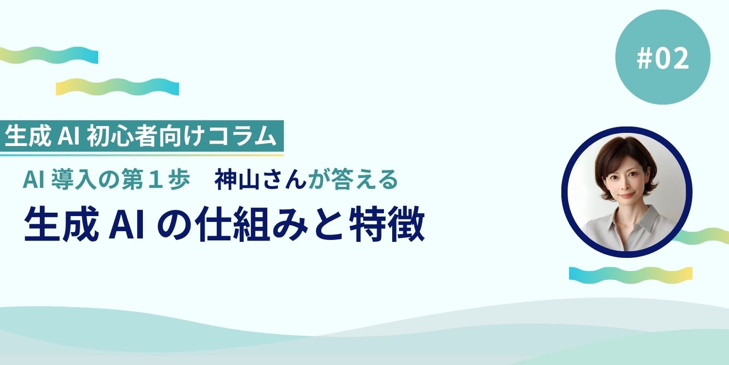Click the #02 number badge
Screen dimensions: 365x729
pyautogui.click(x=662, y=58)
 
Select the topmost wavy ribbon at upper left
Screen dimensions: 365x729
pyautogui.click(x=49, y=55)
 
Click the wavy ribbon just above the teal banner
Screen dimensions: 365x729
pyautogui.click(x=117, y=86)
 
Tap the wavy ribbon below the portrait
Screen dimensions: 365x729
pyautogui.click(x=630, y=274)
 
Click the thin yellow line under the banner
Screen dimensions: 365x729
pyautogui.click(x=141, y=155)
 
